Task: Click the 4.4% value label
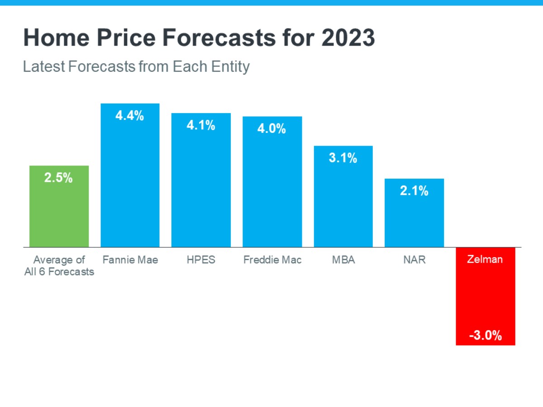130,116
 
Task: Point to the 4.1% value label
201,125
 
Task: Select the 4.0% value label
272,129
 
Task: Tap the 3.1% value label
343,158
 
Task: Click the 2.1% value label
414,191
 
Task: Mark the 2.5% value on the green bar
59,178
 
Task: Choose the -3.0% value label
486,336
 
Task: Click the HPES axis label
201,260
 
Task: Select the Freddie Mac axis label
272,260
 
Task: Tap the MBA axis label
343,260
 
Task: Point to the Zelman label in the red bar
486,260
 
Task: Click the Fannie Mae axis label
130,260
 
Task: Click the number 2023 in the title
348,38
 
